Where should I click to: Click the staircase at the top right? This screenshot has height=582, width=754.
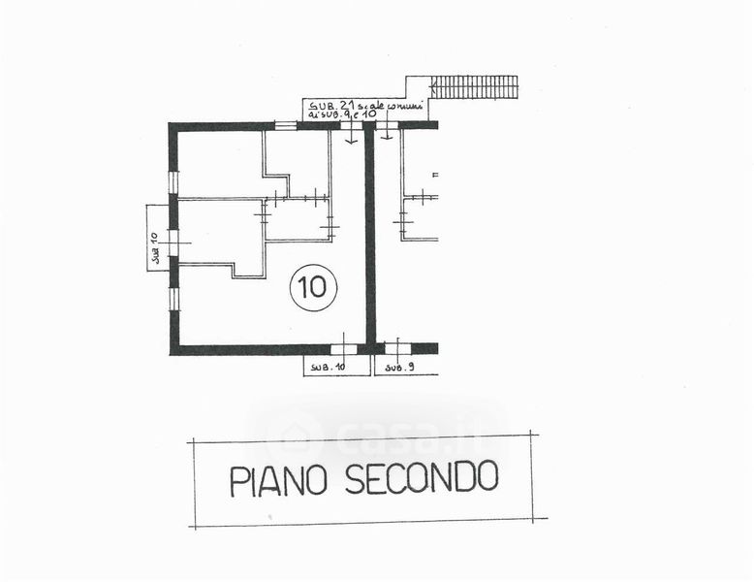474,86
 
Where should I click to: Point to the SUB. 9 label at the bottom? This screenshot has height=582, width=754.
399,367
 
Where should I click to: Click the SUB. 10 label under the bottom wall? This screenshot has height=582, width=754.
327,367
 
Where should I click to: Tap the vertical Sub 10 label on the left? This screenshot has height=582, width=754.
155,249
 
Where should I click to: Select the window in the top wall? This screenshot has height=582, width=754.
286,125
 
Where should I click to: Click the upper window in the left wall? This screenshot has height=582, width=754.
173,182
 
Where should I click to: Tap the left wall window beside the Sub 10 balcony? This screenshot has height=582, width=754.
173,242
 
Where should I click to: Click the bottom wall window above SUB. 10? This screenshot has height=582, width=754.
344,348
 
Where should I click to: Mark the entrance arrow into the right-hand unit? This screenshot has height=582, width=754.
387,135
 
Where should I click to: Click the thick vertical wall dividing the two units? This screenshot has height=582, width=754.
369,238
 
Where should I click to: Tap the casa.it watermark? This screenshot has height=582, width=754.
378,427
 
